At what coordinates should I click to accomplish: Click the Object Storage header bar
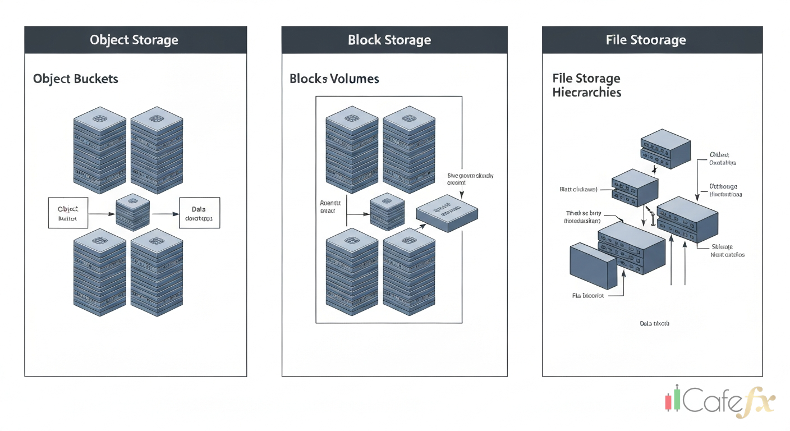pos(135,40)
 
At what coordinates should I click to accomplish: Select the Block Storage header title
pos(389,40)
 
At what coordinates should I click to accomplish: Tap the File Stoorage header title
pos(646,40)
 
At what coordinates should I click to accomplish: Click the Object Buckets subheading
pos(76,79)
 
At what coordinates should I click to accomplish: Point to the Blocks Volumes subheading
pos(334,79)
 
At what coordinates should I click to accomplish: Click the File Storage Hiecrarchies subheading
pos(587,85)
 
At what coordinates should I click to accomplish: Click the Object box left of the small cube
pos(68,213)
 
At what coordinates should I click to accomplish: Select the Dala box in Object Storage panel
pos(199,213)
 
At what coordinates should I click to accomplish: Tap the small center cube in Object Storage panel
pos(134,212)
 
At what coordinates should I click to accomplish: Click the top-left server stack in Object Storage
pos(100,148)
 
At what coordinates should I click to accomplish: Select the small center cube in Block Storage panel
pos(388,213)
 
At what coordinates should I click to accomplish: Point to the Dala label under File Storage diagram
pos(654,324)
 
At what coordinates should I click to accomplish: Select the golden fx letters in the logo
pos(757,402)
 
